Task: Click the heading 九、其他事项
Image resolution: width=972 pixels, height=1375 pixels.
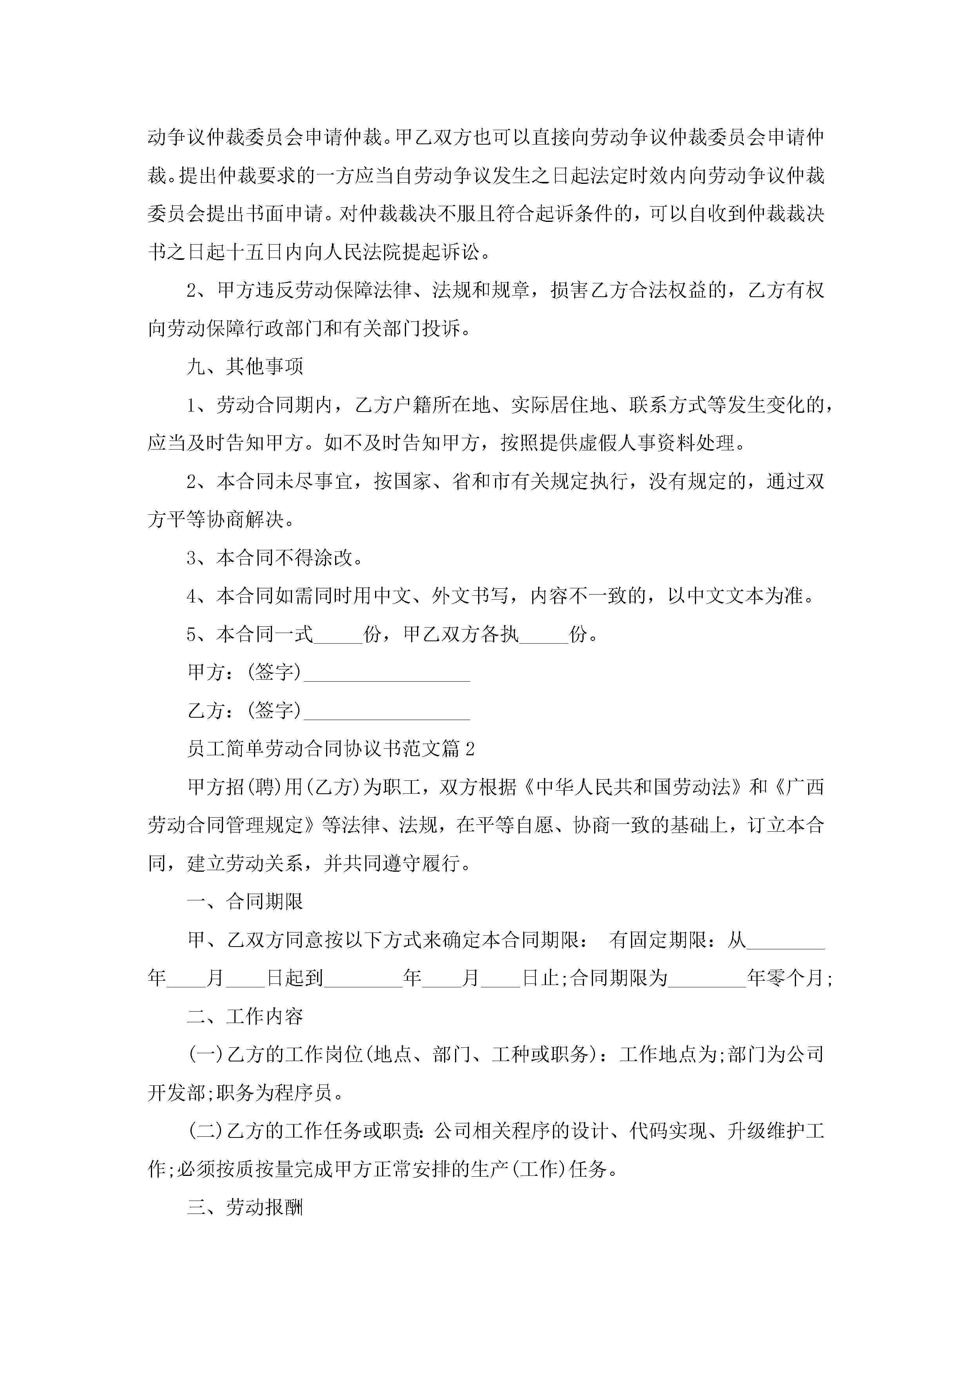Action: point(245,366)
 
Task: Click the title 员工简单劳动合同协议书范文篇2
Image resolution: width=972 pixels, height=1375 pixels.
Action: point(330,749)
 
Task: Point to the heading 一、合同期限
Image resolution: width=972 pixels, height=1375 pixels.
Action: point(245,901)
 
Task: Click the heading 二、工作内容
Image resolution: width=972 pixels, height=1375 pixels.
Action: point(245,1016)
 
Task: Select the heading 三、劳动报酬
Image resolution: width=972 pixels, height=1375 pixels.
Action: point(245,1208)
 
